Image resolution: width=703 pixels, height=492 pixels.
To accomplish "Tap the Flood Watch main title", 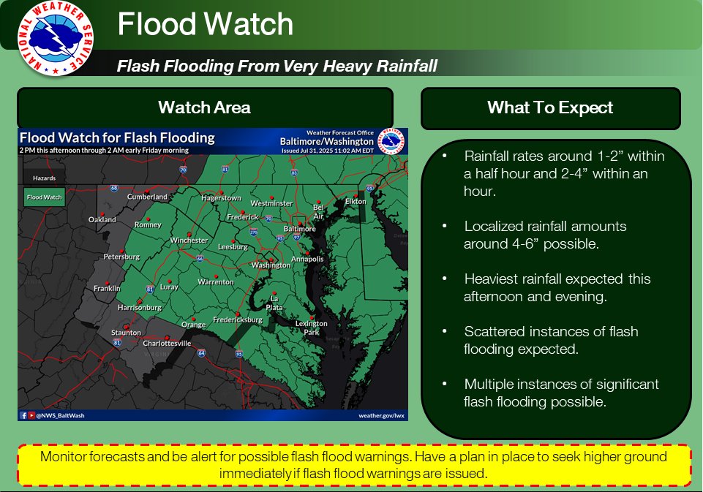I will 206,25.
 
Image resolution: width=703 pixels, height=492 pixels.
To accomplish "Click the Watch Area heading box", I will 205,108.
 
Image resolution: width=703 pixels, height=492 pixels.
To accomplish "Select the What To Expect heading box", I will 550,108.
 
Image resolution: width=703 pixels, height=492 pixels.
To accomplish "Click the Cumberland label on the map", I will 148,197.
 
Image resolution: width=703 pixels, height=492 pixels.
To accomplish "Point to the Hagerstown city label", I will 221,198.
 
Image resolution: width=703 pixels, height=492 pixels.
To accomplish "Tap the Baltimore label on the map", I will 300,229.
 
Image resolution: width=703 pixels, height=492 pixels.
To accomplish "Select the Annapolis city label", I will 307,259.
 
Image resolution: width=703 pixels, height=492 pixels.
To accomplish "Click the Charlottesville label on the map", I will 167,343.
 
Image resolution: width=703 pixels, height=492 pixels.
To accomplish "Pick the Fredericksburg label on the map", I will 238,320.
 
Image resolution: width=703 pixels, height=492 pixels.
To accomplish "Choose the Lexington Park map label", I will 311,328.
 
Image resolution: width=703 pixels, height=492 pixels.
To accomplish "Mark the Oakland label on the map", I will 102,219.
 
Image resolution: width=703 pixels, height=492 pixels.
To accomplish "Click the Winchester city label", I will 189,241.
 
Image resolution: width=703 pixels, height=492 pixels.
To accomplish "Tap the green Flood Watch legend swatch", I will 45,197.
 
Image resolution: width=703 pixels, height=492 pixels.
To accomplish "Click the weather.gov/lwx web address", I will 380,415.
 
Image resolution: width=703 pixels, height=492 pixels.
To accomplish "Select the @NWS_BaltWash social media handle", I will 56,415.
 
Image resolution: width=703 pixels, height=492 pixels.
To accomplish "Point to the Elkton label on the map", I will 356,201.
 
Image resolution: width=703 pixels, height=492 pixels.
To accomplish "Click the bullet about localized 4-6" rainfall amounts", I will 545,235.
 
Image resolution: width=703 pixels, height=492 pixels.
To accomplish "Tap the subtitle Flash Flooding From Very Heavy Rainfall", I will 277,67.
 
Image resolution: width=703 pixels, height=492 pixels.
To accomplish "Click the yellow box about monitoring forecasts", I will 353,465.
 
